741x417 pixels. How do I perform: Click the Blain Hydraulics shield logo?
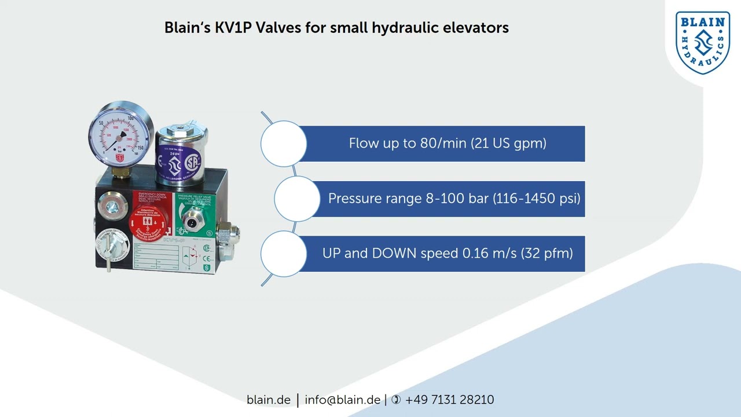[x=703, y=43]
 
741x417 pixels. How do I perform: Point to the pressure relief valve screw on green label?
[x=190, y=220]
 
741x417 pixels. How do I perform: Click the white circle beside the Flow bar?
[x=284, y=143]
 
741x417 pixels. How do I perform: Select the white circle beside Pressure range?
[x=297, y=198]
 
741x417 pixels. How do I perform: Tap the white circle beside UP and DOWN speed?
[x=284, y=253]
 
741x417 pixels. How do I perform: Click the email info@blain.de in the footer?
[x=342, y=400]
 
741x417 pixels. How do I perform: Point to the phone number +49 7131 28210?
[x=449, y=400]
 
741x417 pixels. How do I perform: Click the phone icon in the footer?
[x=396, y=400]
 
